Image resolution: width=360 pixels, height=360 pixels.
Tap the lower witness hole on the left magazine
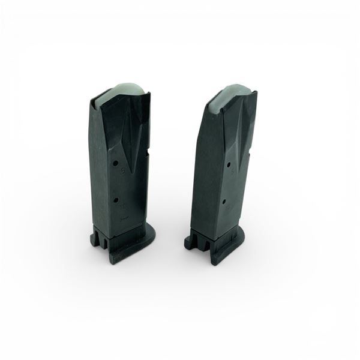pos(115,200)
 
